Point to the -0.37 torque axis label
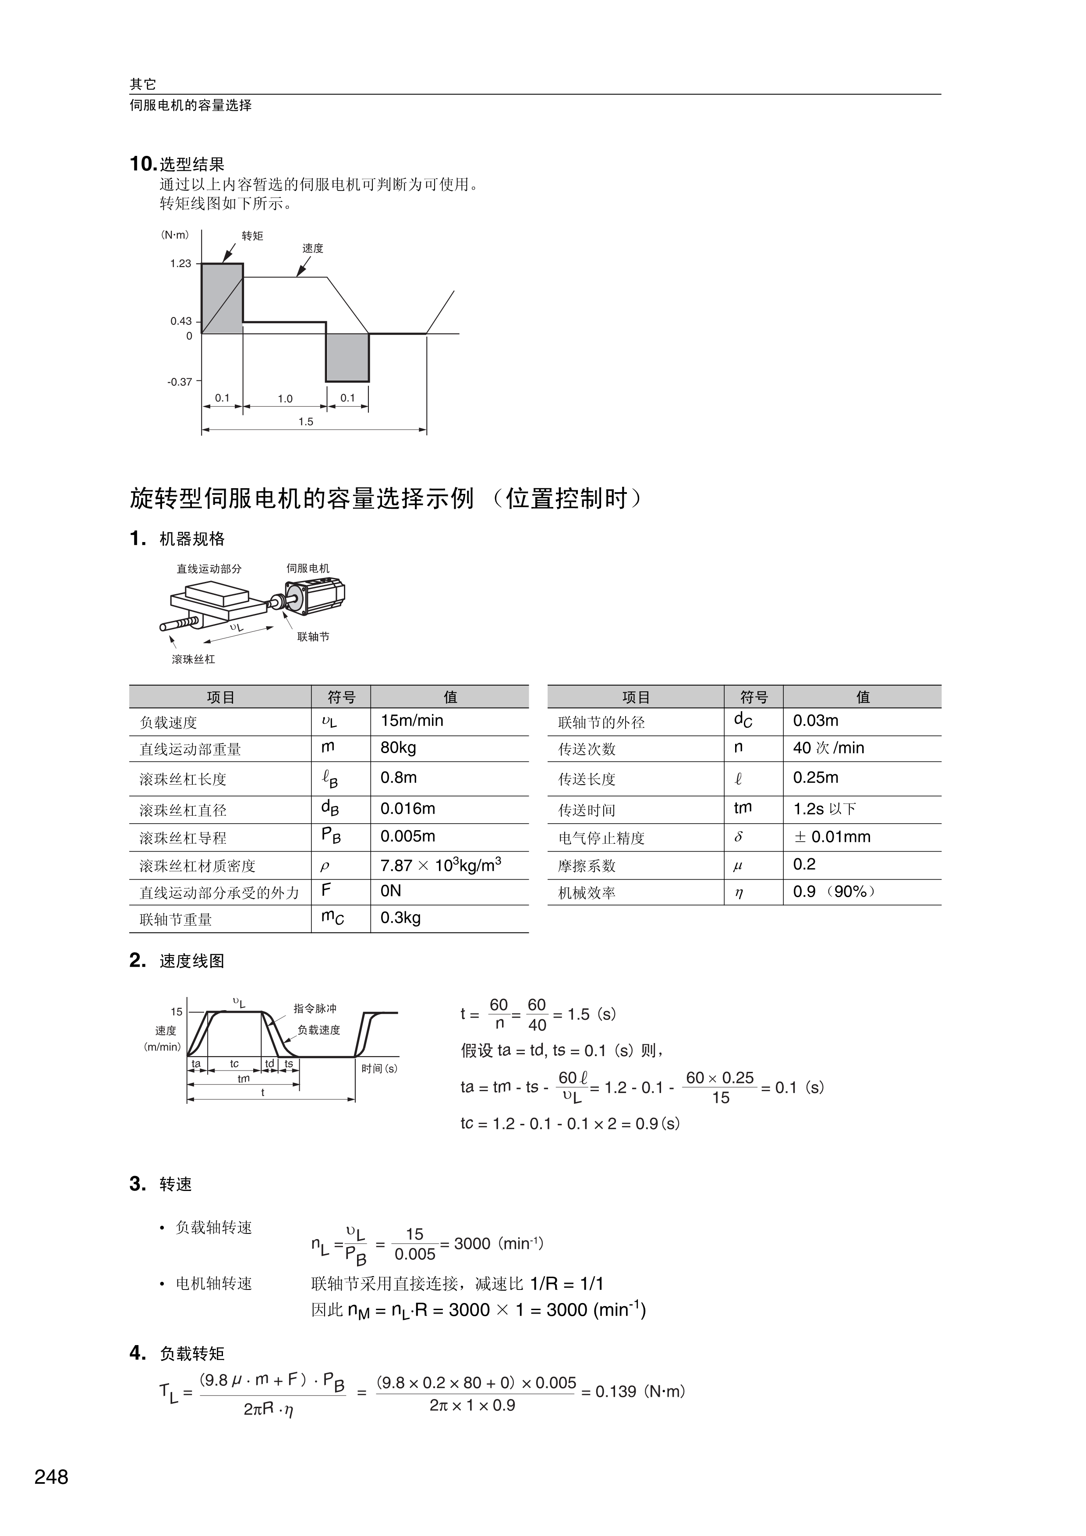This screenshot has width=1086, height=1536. [x=179, y=382]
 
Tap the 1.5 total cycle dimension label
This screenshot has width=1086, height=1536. [x=306, y=422]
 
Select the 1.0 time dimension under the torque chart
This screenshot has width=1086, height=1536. [x=285, y=399]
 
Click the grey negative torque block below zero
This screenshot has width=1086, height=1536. [x=347, y=357]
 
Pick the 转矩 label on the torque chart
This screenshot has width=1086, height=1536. [x=252, y=236]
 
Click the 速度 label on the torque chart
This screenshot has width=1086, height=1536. [x=312, y=248]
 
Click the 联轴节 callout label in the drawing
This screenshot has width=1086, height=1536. [x=313, y=637]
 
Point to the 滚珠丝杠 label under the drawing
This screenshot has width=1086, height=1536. [x=193, y=659]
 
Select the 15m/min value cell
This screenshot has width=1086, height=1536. [x=411, y=721]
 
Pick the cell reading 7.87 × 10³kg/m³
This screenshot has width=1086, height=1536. [x=440, y=865]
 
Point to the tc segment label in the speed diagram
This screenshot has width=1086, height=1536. [x=234, y=1064]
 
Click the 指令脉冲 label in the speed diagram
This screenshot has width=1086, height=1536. [x=315, y=1008]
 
